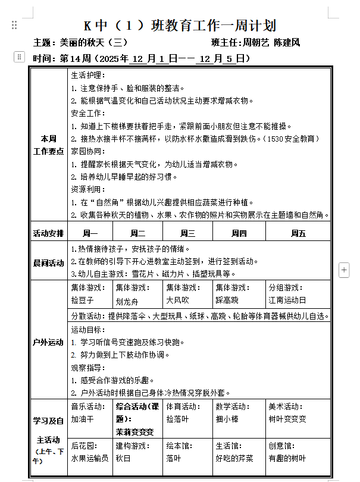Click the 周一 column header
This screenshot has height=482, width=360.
(90, 233)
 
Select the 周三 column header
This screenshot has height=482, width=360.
(187, 233)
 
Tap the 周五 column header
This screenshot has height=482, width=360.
(298, 233)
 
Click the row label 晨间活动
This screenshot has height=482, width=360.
(48, 262)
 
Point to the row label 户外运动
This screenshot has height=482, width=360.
(48, 342)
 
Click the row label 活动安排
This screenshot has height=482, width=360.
(48, 233)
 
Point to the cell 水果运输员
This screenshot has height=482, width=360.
(90, 458)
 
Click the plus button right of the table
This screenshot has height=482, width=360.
(343, 270)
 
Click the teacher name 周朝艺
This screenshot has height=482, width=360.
(256, 43)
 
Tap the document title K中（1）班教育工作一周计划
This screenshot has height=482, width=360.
(180, 26)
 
